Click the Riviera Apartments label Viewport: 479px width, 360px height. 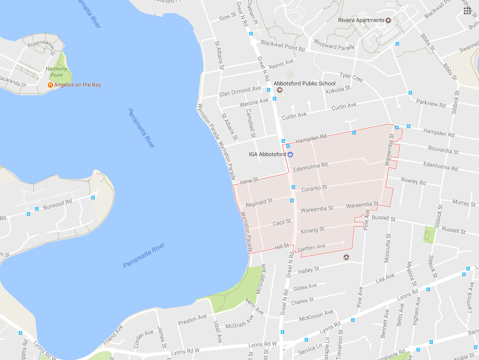tap(361, 20)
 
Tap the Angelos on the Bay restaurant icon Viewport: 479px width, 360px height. tap(50, 85)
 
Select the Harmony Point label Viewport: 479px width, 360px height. tap(57, 72)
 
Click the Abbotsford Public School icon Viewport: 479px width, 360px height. tap(279, 90)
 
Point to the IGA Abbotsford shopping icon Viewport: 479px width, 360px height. tap(290, 154)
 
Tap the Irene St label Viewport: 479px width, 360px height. tap(249, 181)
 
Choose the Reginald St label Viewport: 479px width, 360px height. tap(259, 202)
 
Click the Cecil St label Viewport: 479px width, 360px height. tap(282, 222)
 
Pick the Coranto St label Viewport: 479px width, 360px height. tap(314, 187)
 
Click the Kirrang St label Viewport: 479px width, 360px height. tap(312, 230)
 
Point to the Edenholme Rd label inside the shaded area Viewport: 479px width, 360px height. tap(310, 167)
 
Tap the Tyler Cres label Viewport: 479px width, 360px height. tap(351, 77)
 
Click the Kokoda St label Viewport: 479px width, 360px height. tap(338, 89)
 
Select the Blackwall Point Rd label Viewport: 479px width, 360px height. tap(282, 45)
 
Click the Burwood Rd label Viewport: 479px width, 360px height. tap(57, 204)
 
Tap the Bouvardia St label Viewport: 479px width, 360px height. tap(443, 150)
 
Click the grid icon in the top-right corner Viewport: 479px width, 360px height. tap(467, 10)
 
